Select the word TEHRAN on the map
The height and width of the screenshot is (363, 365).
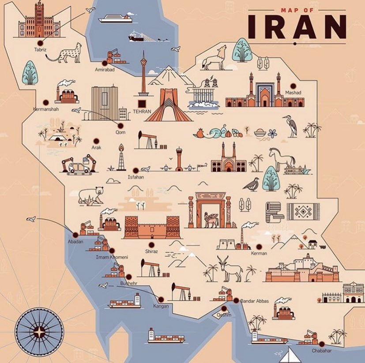(x=142, y=112)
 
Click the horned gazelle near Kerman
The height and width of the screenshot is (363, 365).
(x=228, y=269)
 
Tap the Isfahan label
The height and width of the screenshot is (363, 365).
(x=135, y=177)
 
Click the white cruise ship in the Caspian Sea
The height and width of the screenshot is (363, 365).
(x=115, y=18)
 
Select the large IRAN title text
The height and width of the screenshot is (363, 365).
(x=296, y=27)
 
